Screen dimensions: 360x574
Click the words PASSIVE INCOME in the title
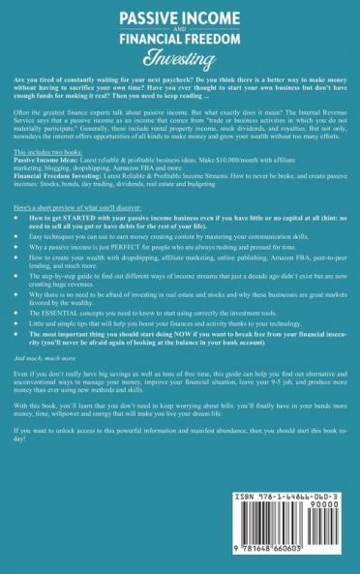(179, 16)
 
